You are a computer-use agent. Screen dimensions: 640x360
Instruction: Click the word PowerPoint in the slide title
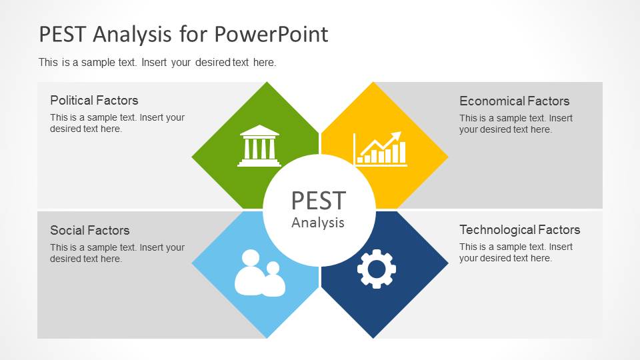pos(271,33)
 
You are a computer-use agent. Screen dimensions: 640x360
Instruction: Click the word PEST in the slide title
pos(62,33)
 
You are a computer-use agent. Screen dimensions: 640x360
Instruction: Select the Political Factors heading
pos(94,101)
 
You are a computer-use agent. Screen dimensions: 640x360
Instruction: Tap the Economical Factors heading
pos(514,101)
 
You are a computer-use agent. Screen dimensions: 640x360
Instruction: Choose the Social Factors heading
pos(90,230)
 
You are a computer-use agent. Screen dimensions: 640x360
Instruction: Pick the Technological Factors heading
pos(519,230)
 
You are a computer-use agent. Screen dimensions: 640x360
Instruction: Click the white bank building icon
pos(259,146)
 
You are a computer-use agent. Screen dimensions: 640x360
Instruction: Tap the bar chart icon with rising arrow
pos(380,149)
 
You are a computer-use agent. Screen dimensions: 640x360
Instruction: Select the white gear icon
pos(376,269)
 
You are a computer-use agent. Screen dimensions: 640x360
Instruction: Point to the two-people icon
pos(259,273)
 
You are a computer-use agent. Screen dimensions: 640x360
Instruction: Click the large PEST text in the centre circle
pos(319,201)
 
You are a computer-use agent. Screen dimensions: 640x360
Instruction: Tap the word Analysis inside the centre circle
pos(318,223)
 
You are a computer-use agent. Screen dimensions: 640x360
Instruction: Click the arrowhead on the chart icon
pos(396,137)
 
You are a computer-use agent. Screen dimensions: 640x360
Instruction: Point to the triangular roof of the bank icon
pos(259,131)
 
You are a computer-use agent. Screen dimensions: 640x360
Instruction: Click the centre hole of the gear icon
pos(376,269)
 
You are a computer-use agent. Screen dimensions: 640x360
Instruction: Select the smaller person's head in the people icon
pos(273,268)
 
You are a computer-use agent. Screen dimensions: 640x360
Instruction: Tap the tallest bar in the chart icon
pos(403,153)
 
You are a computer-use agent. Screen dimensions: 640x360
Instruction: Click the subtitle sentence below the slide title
pos(157,63)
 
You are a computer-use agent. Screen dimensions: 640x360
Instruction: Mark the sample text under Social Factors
pos(117,253)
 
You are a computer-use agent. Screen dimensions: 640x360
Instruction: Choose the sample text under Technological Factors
pos(516,252)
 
